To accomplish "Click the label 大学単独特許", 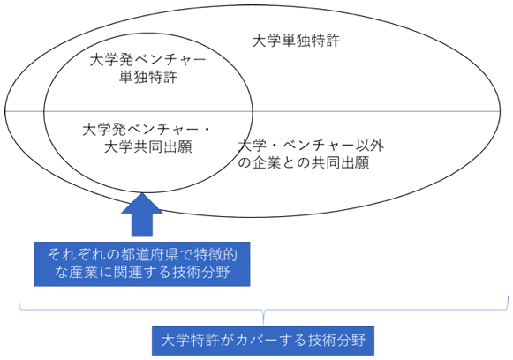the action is (x=296, y=41).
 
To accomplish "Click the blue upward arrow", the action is (x=142, y=214).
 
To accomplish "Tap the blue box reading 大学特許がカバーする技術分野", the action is (x=263, y=341).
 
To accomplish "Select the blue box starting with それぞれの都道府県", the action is (x=142, y=264).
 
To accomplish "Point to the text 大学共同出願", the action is (x=147, y=147).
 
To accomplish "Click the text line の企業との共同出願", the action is (x=304, y=162).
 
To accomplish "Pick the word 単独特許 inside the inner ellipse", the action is (x=147, y=77).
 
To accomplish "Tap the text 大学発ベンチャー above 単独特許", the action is (x=147, y=60).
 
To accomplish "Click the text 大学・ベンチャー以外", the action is (x=311, y=146).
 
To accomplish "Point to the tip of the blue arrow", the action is (x=142, y=193).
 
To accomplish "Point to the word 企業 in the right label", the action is (x=267, y=162).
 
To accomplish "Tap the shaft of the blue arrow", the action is (x=142, y=225).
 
